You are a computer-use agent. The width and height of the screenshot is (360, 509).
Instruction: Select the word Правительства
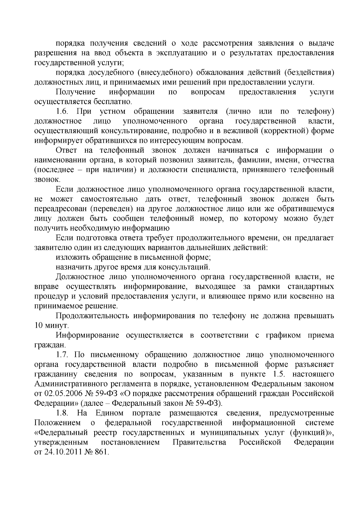click(199, 442)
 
